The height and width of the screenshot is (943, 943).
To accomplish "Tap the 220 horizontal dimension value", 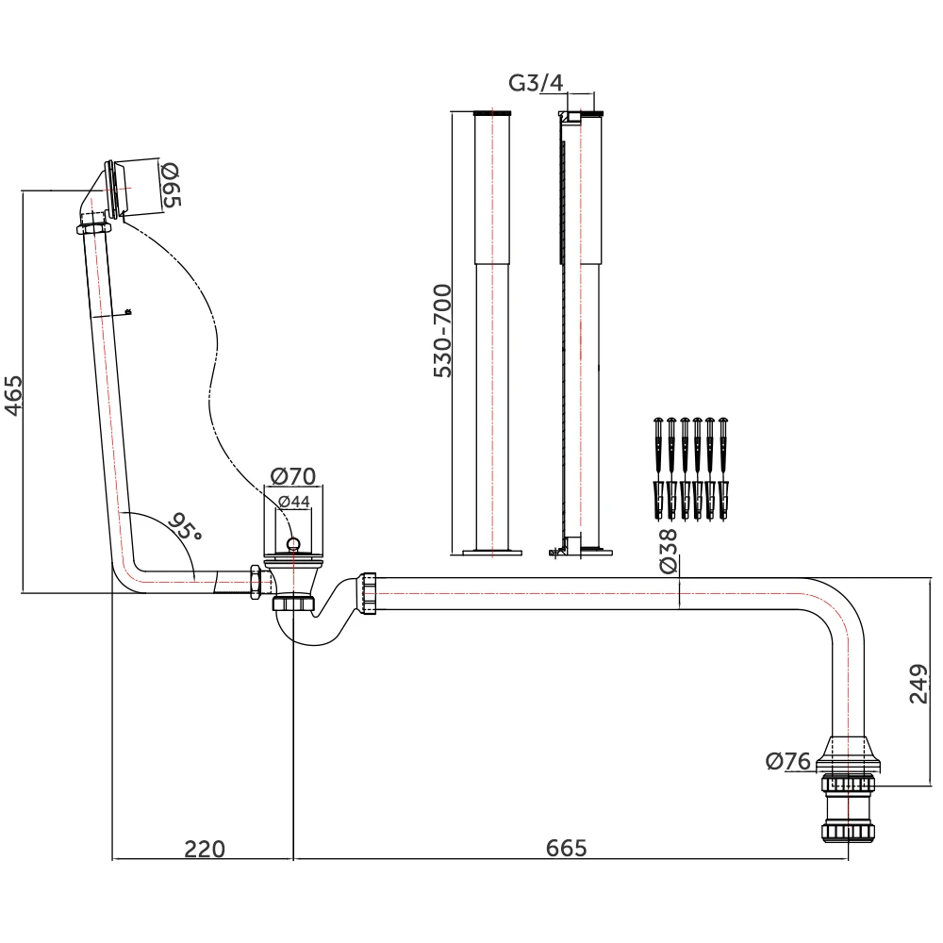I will coord(205,849).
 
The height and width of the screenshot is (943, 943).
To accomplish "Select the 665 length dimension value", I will coord(566,849).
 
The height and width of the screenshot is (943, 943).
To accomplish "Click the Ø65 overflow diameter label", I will coord(172,186).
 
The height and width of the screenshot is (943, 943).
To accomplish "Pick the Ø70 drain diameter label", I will coord(293,476).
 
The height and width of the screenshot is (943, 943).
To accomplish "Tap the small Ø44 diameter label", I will coord(294,503).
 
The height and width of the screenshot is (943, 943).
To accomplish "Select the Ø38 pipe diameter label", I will coord(669,551).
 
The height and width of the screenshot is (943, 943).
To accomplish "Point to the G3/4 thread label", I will coord(536,83).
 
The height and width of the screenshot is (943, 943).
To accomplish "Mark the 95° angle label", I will coord(186,527).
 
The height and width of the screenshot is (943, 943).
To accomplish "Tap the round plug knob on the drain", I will coord(293,542).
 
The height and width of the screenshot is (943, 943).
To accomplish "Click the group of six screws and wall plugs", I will coord(691,469).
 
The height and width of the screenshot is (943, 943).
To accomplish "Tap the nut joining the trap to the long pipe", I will coord(368,591).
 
